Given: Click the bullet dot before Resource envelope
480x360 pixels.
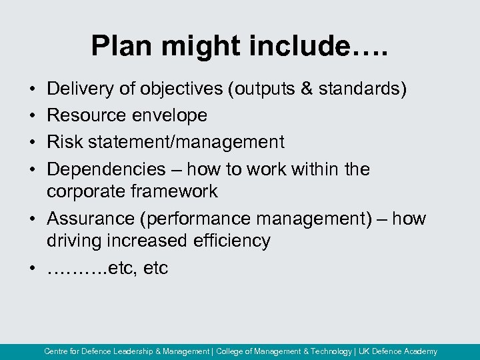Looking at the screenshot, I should click(x=32, y=116).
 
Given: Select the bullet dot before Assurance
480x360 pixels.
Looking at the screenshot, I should click(x=32, y=219).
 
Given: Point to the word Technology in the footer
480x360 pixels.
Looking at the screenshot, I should click(x=331, y=351).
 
